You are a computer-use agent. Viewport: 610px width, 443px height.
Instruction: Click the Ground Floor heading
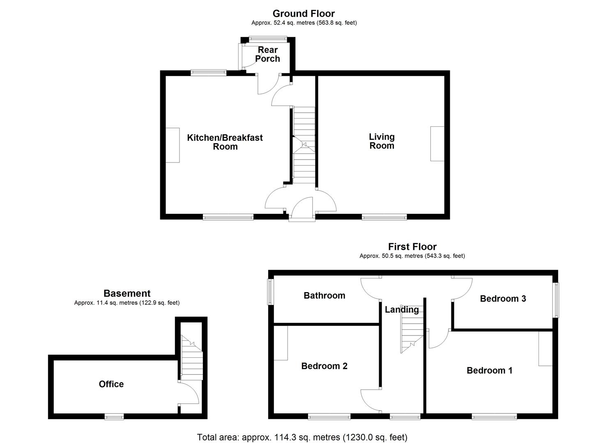[x=304, y=14]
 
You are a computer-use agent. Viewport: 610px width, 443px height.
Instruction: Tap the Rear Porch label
[x=267, y=54]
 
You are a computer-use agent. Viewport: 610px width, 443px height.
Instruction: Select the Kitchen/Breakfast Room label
[x=225, y=142]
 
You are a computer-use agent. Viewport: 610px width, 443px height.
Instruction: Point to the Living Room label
[x=382, y=141]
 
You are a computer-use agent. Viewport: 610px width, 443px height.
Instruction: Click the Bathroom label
[x=324, y=295]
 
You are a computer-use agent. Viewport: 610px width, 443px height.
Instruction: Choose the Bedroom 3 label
[x=503, y=298]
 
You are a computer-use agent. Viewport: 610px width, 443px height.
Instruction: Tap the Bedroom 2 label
[x=324, y=366]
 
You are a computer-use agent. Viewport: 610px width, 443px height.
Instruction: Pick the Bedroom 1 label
[x=489, y=370]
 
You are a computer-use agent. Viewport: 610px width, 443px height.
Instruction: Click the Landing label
[x=401, y=310]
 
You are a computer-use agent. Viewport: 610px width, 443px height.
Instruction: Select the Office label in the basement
[x=111, y=384]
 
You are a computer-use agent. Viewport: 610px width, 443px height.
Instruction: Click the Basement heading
[x=127, y=293]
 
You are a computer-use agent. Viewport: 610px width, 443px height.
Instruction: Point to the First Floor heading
[x=412, y=247]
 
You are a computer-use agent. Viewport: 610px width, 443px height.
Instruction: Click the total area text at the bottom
[x=302, y=437]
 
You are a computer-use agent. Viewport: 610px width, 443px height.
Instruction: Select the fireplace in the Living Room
[x=437, y=144]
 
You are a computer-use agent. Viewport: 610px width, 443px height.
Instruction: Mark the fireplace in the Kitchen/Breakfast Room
[x=173, y=145]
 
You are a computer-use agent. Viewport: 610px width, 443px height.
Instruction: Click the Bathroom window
[x=271, y=292]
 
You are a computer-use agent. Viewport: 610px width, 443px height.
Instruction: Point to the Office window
[x=114, y=417]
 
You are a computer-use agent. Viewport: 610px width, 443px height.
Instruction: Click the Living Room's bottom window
[x=384, y=217]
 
